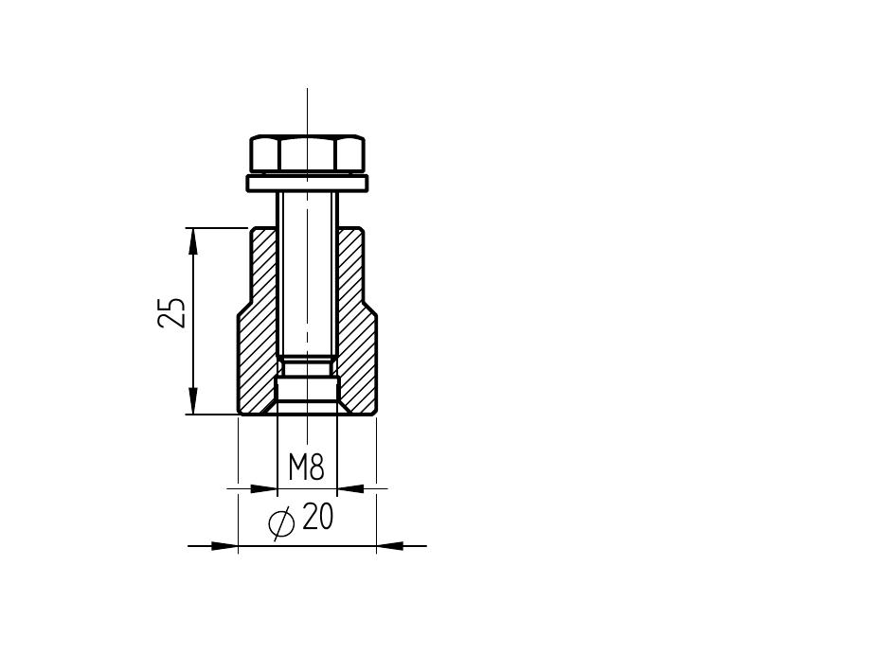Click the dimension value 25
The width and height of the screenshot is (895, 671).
point(171,312)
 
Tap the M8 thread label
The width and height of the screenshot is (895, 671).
point(307,468)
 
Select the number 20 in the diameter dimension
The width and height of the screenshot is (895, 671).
point(318,517)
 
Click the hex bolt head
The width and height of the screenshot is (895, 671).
point(307,153)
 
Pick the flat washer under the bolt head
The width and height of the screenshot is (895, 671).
point(307,184)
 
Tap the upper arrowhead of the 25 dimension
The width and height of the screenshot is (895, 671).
point(193,240)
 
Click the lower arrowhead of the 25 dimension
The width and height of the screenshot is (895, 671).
point(193,400)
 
